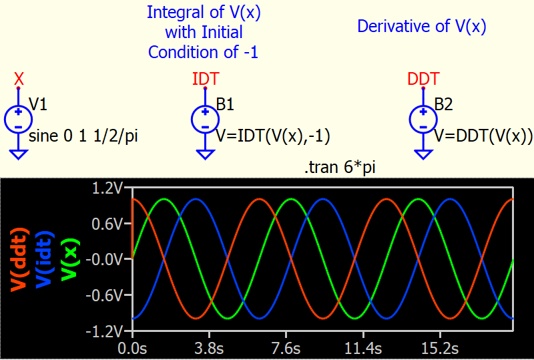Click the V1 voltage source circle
point(19,120)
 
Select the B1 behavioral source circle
point(206,120)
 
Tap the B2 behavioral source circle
point(423,120)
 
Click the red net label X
point(19,79)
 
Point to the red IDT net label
point(205,79)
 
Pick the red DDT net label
point(423,79)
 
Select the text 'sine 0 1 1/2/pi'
point(83,137)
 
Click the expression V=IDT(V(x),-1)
point(273,137)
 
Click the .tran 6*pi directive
point(340,168)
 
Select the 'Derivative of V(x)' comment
point(422,27)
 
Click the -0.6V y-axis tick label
point(104,295)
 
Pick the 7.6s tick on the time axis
point(286,349)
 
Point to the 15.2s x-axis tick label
point(441,349)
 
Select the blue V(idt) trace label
point(44,258)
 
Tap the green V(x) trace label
point(70,260)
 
